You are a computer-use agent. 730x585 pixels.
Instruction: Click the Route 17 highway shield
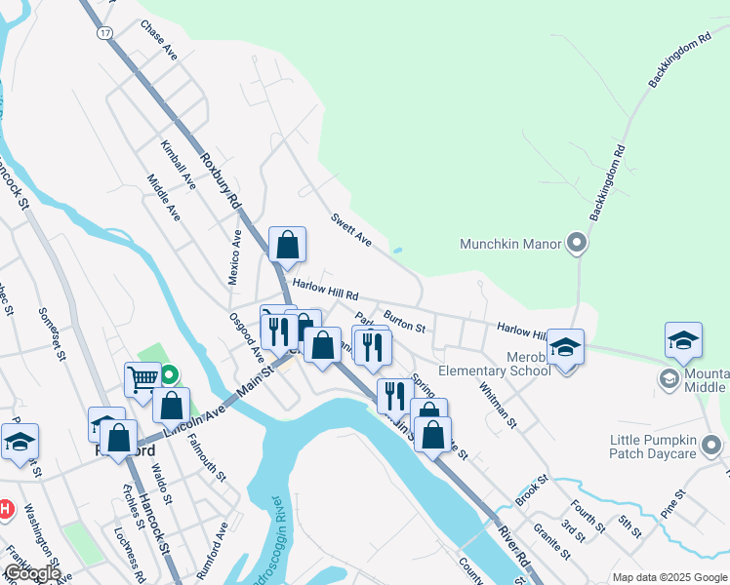(104, 32)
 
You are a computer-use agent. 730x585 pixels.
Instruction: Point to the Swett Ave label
(350, 230)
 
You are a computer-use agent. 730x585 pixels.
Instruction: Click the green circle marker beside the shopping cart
(169, 373)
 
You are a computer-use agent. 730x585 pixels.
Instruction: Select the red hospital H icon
(5, 509)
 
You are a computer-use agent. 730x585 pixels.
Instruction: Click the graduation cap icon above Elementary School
(564, 346)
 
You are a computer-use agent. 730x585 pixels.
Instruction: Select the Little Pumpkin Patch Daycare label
(666, 446)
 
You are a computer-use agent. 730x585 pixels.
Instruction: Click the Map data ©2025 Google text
(669, 577)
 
